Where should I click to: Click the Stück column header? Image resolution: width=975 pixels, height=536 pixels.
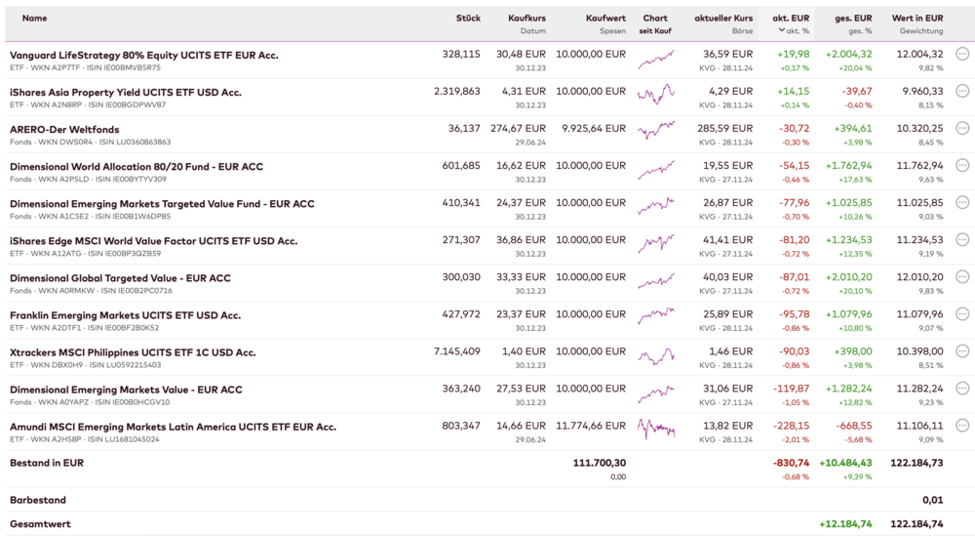(468, 19)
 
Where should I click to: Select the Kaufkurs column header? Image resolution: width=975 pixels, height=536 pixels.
(526, 19)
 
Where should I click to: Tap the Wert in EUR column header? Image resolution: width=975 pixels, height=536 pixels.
(916, 19)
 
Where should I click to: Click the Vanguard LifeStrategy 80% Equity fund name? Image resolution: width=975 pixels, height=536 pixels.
(143, 56)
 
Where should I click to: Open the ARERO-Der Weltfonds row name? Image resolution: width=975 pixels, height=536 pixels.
(64, 130)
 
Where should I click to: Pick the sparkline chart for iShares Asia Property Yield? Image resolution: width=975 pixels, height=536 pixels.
(655, 95)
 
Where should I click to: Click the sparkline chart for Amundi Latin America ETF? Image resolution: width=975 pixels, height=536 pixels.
(655, 429)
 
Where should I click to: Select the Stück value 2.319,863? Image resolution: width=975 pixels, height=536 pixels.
(457, 92)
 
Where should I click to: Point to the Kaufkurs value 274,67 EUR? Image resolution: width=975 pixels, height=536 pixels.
(518, 129)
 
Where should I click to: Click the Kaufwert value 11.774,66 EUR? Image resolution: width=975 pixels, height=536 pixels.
(591, 427)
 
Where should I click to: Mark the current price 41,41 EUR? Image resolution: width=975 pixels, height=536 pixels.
(729, 240)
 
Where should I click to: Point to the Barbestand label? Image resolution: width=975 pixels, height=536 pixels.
(38, 500)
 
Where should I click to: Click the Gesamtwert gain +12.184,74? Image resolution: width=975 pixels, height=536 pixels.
(845, 524)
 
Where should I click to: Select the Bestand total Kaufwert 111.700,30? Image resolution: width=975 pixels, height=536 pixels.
(600, 463)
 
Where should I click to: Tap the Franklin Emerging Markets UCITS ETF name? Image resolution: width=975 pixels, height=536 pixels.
(125, 315)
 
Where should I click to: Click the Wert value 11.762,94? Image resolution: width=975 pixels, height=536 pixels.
(919, 166)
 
